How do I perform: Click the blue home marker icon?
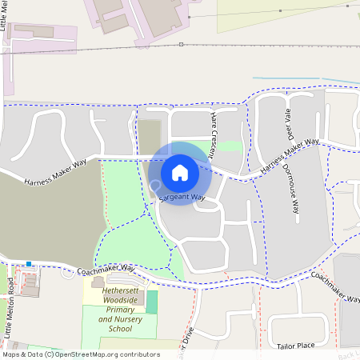coord(180,172)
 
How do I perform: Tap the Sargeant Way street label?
coord(182,197)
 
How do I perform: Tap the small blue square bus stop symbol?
coord(30,263)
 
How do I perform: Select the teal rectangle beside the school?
coord(151,302)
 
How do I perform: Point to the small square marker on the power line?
coord(182,44)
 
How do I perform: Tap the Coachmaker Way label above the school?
coord(111,268)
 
